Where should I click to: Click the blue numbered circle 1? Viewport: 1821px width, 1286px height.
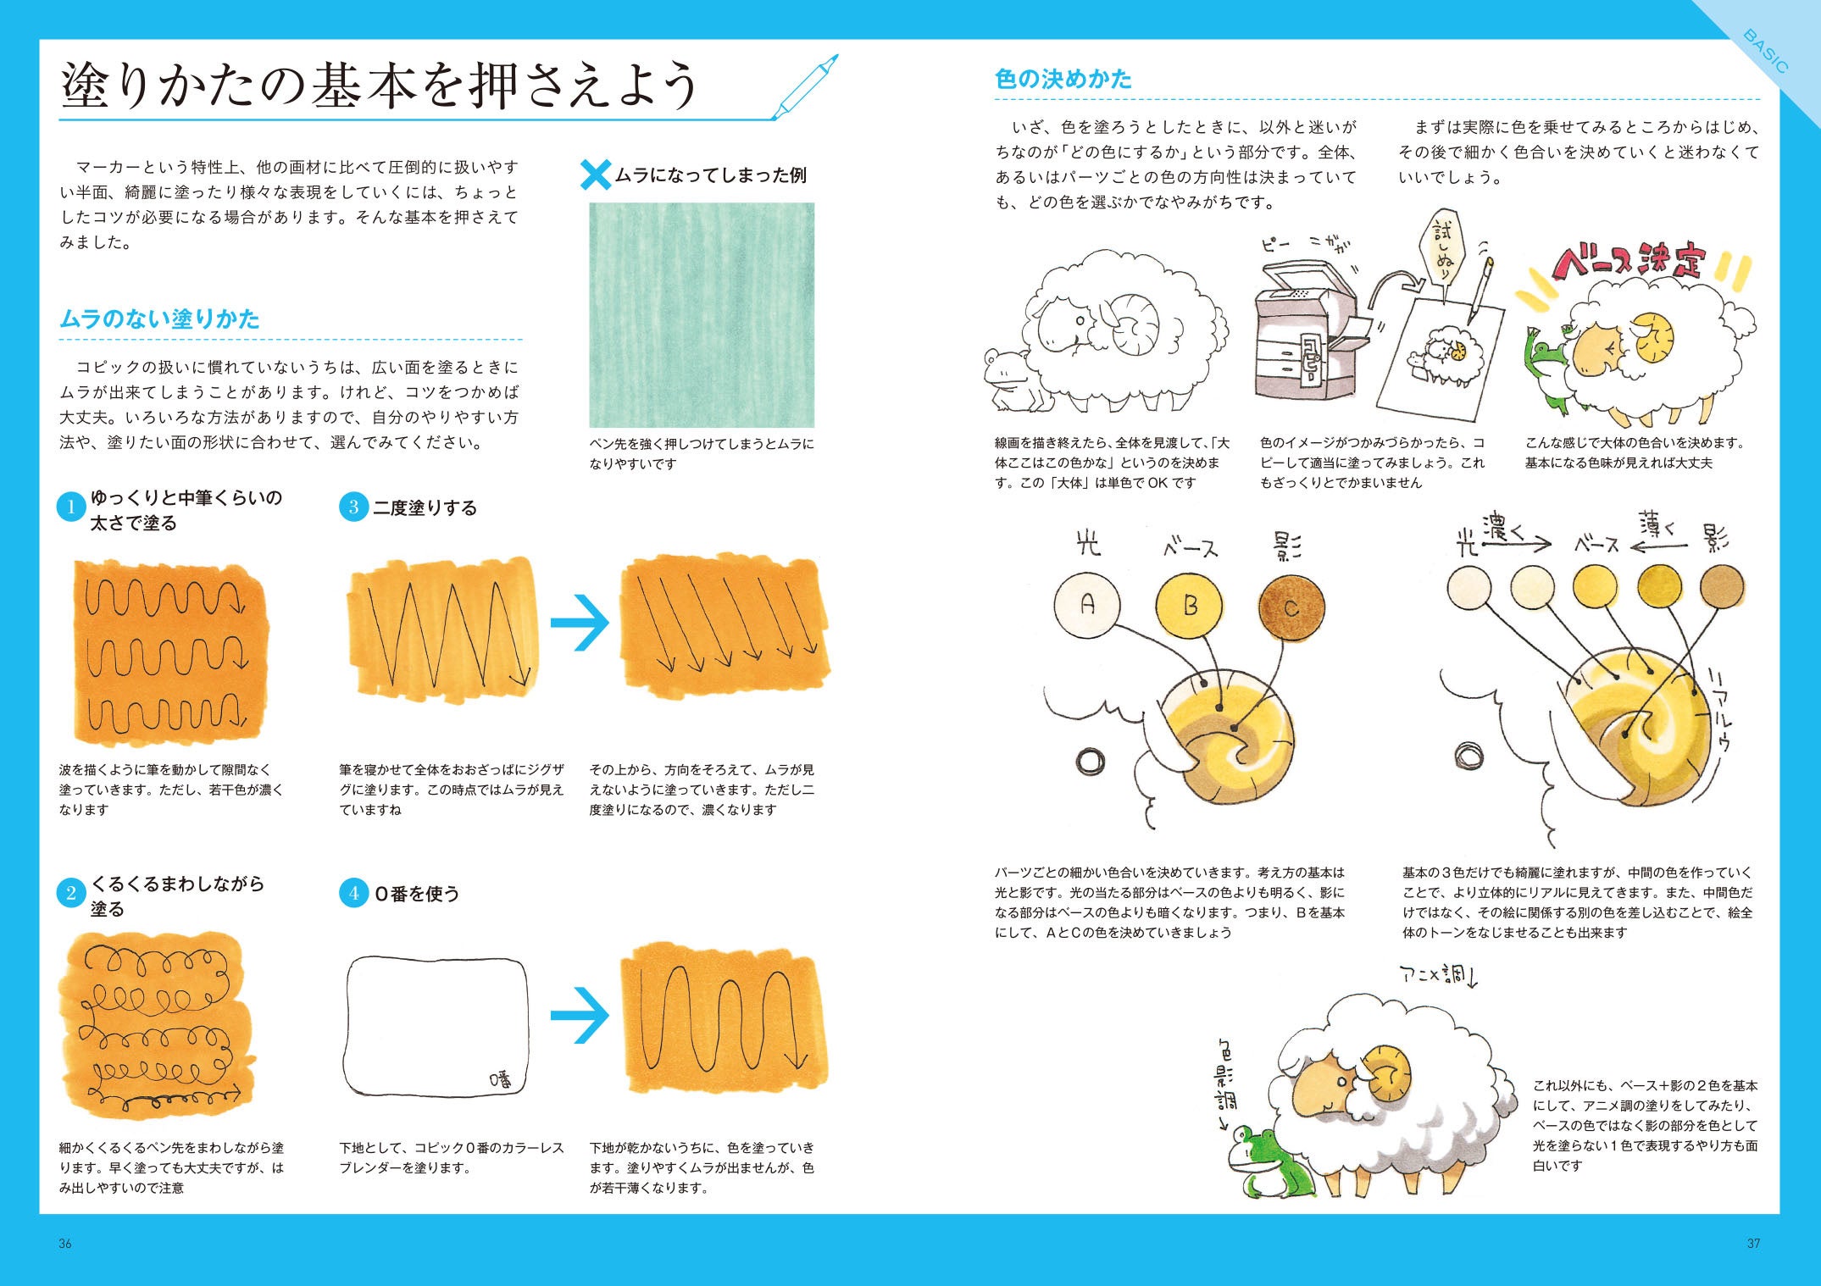(70, 508)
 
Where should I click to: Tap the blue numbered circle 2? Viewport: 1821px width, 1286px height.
(70, 893)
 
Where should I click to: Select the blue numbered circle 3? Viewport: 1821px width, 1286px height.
(353, 507)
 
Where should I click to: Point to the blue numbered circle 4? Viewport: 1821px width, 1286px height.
(353, 893)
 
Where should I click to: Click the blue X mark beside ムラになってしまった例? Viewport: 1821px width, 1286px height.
(596, 175)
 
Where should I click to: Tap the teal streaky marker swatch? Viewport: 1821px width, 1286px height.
(702, 315)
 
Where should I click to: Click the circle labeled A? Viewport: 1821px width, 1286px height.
(1087, 605)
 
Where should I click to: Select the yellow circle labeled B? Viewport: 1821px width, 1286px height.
(1190, 606)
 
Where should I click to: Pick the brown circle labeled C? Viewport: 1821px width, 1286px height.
(1291, 607)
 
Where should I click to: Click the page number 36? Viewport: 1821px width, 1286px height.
(65, 1244)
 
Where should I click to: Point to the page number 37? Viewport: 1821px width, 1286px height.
(1753, 1244)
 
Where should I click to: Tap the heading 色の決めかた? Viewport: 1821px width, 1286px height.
(1063, 80)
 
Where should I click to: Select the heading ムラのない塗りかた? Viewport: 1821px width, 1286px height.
(159, 319)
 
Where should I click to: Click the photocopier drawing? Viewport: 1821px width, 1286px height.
(1305, 330)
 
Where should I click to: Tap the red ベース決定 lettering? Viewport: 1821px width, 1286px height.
(1627, 263)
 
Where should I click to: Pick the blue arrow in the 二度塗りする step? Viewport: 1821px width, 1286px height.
(580, 623)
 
